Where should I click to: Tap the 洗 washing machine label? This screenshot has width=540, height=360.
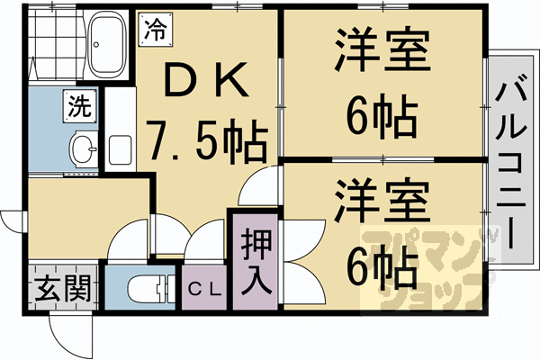point(77,108)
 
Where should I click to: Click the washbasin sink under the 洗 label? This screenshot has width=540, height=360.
point(83,147)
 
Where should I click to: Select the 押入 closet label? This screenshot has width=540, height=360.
point(255,260)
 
